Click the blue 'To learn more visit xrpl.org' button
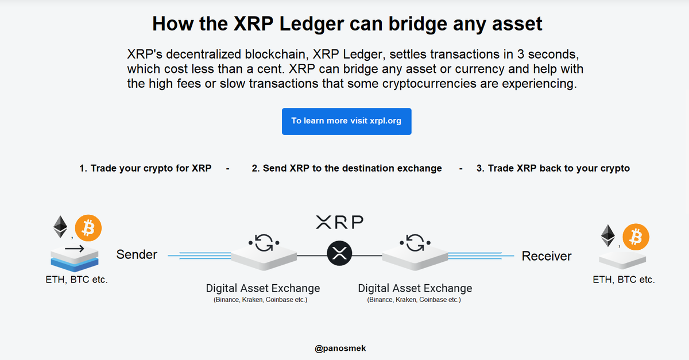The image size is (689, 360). click(x=346, y=121)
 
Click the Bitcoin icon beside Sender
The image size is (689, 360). click(x=88, y=229)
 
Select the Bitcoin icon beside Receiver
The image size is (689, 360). click(x=636, y=237)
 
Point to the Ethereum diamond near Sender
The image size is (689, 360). click(x=60, y=227)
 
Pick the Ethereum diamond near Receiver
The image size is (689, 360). click(x=607, y=235)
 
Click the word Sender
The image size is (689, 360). click(x=137, y=254)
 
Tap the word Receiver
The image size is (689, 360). click(x=547, y=256)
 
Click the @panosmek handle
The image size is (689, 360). click(x=340, y=348)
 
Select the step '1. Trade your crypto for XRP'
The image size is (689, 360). click(x=145, y=168)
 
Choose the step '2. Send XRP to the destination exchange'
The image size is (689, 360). click(x=347, y=168)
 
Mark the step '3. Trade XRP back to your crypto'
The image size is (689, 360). click(x=553, y=168)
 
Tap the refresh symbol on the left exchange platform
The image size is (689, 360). click(x=264, y=243)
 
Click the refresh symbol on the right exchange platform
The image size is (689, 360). click(x=414, y=243)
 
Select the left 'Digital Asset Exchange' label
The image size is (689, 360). click(x=263, y=288)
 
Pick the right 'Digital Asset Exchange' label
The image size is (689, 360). click(x=415, y=288)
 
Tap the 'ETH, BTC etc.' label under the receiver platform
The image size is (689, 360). click(x=624, y=280)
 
